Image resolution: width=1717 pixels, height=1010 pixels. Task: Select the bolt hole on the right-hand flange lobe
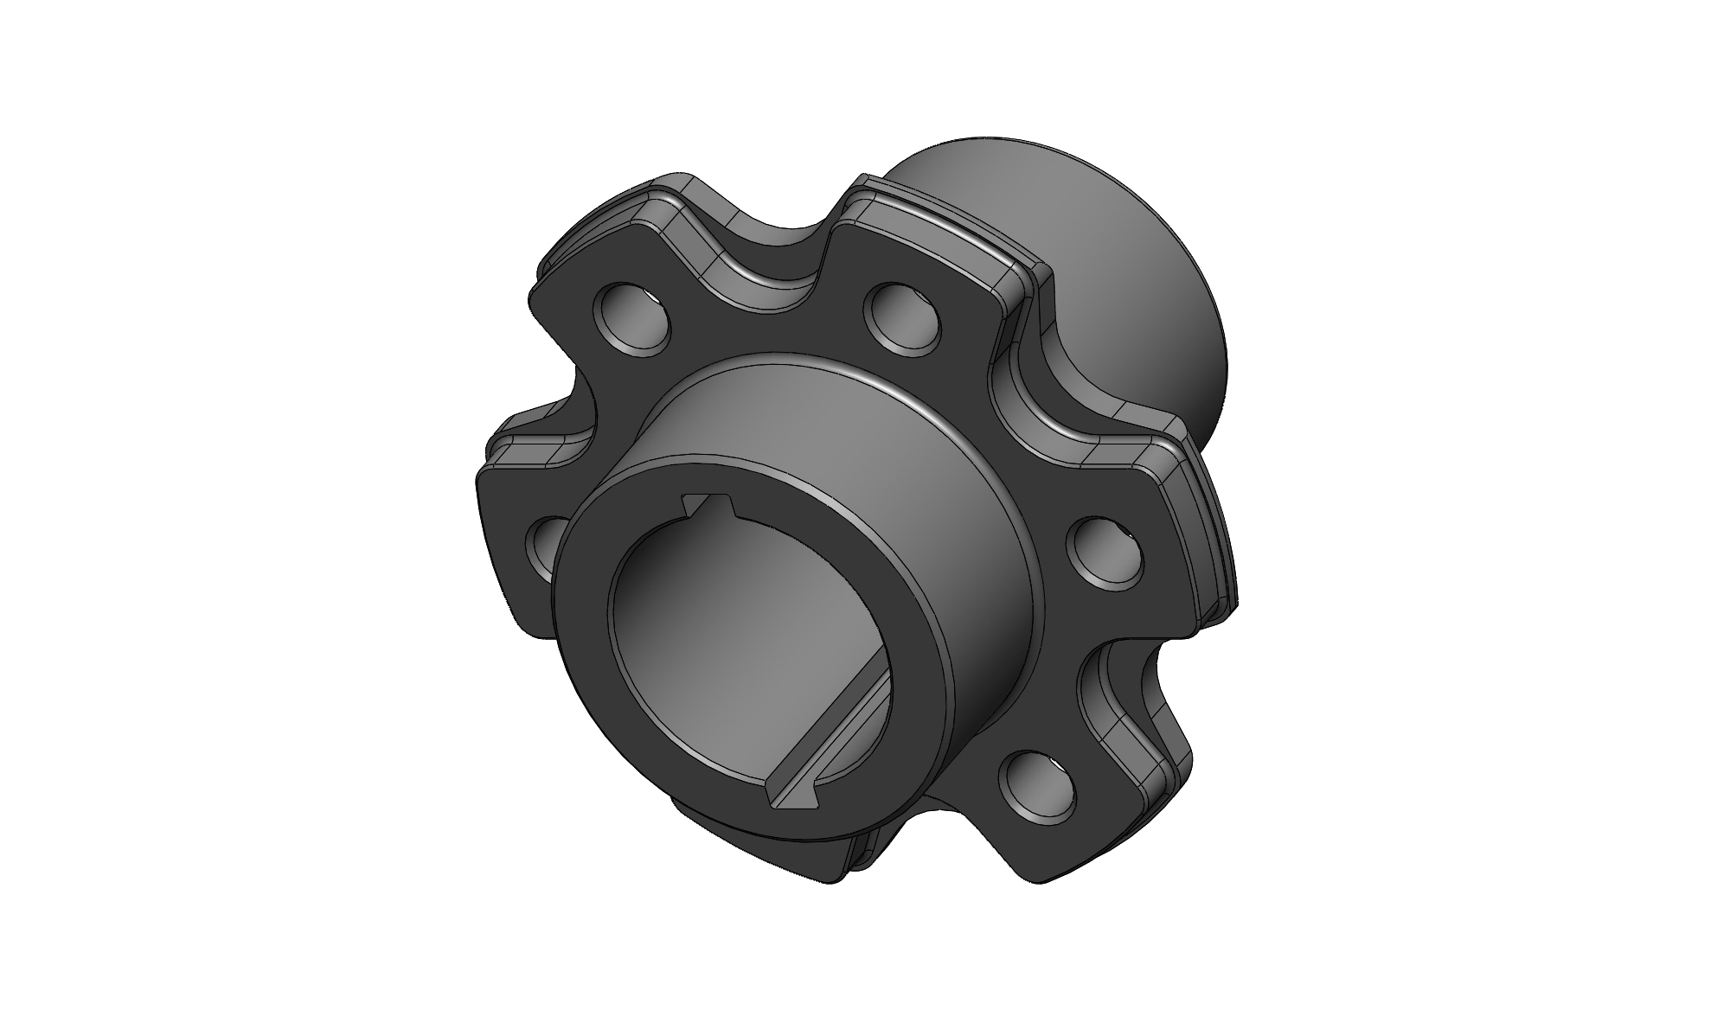[1107, 555]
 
